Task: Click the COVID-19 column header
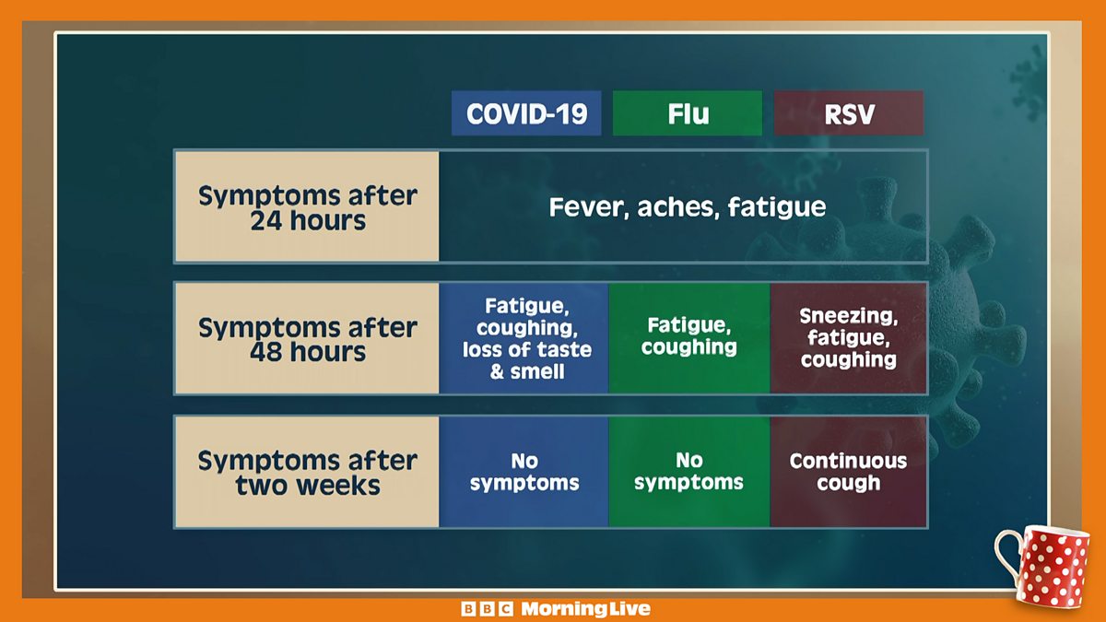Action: tap(526, 113)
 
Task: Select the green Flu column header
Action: tap(688, 113)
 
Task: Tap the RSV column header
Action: tap(849, 113)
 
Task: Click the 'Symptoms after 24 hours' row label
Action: tap(307, 206)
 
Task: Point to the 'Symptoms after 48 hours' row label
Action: tap(307, 338)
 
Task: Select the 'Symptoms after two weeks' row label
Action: tap(307, 472)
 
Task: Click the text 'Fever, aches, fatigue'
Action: tap(688, 206)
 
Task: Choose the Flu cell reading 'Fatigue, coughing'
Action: tap(689, 338)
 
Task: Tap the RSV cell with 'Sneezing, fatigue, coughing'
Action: tap(848, 338)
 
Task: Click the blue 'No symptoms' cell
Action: tap(524, 472)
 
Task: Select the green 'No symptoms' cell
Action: tap(689, 472)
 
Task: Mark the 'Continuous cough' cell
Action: tap(848, 472)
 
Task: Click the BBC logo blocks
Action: tap(487, 609)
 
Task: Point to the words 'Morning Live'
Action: tap(585, 609)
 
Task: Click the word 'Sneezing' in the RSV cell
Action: tap(848, 316)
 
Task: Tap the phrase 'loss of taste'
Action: tap(527, 349)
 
